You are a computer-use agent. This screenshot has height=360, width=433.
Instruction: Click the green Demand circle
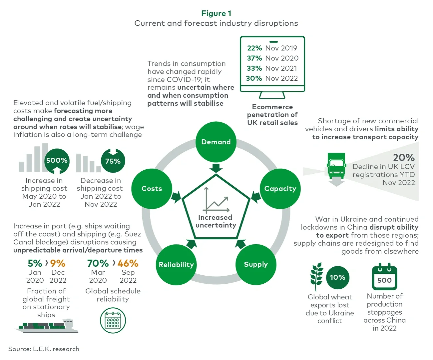tap(216, 142)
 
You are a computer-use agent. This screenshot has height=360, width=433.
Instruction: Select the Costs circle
tap(152, 189)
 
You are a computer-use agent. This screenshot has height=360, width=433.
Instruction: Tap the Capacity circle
tap(280, 189)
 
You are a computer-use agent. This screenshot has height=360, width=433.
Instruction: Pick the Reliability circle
tap(176, 265)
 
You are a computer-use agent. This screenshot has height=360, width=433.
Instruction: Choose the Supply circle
tap(256, 265)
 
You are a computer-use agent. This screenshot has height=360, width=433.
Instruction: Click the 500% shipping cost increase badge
tap(57, 161)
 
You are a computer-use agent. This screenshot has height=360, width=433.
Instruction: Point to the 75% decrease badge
tap(113, 161)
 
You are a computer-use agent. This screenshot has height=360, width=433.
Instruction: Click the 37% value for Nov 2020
tap(254, 58)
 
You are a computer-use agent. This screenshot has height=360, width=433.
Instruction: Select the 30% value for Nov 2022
tap(254, 78)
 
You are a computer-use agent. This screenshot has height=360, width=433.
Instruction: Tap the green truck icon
tap(336, 166)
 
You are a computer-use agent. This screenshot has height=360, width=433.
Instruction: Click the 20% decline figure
tap(404, 157)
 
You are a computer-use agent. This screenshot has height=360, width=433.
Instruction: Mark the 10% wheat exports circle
tap(337, 277)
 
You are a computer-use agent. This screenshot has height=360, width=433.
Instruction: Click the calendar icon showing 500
tap(384, 277)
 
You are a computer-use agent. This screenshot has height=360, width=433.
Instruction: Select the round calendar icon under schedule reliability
tap(113, 321)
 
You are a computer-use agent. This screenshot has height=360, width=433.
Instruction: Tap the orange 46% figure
tap(128, 263)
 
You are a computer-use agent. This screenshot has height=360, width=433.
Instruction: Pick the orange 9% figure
tap(58, 263)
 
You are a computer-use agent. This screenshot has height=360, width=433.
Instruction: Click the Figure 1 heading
tap(216, 13)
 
